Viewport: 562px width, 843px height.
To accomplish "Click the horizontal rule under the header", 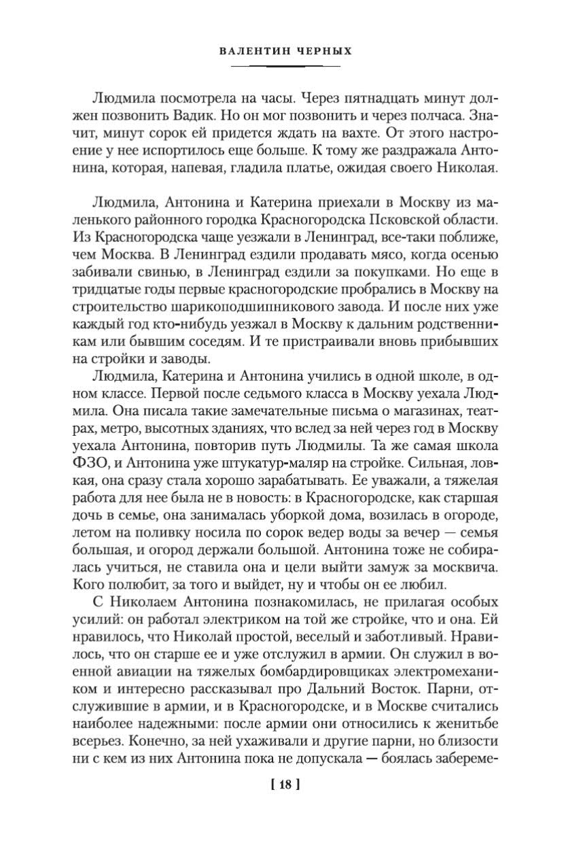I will point(285,66).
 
